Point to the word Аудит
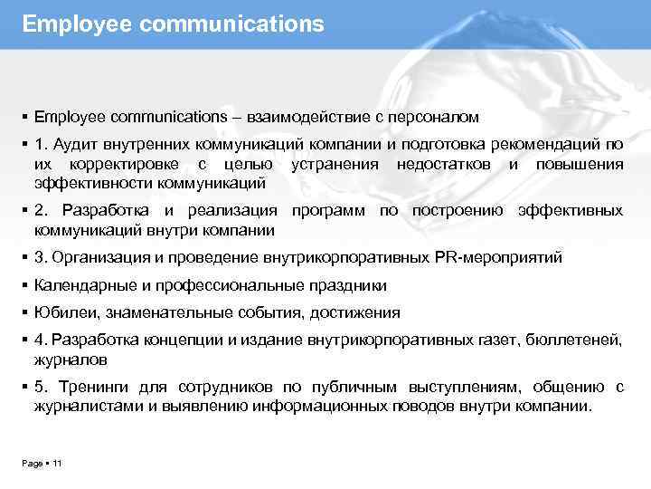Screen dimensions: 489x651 click(75, 145)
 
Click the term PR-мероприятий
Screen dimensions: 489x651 click(510, 257)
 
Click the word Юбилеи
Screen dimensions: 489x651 click(65, 313)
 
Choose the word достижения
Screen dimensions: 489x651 click(356, 313)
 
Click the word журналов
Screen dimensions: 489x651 click(71, 360)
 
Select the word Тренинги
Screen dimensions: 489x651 click(90, 388)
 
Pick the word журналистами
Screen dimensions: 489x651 click(81, 407)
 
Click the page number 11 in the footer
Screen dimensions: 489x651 click(57, 464)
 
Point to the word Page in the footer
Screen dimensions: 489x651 click(31, 464)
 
